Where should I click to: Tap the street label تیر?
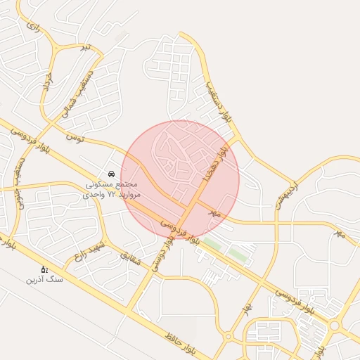[x=86, y=47]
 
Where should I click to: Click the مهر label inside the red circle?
[x=214, y=211]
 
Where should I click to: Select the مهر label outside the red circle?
[x=340, y=233]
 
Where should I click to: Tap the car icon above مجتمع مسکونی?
[x=111, y=174]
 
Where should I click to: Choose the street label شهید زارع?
[x=91, y=250]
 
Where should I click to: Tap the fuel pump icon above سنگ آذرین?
[x=44, y=269]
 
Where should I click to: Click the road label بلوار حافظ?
[x=179, y=342]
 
